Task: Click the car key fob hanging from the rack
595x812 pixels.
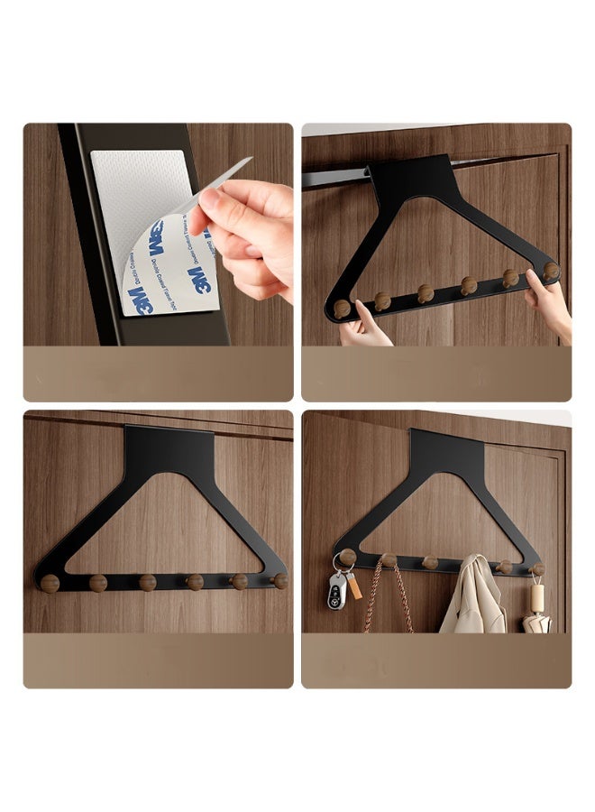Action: point(336,591)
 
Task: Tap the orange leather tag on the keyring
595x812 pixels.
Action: point(354,586)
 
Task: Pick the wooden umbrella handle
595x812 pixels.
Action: point(537,596)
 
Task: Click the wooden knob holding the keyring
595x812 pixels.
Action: point(347,557)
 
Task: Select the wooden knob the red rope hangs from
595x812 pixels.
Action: point(389,561)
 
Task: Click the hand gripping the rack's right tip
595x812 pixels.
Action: point(550,302)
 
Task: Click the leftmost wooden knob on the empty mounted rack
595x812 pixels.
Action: point(50,583)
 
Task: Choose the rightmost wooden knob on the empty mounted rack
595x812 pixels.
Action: point(280,580)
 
